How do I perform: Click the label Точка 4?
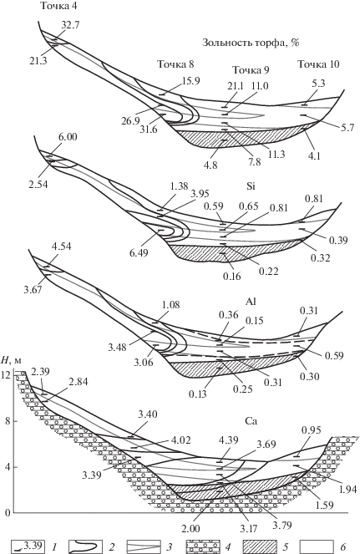click(58, 6)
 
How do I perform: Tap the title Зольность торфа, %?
click(251, 43)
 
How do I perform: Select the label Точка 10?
click(318, 64)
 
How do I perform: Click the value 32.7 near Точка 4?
click(70, 25)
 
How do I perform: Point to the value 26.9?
click(130, 121)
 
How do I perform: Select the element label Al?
click(250, 302)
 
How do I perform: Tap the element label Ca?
click(251, 421)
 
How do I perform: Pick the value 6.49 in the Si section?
click(139, 252)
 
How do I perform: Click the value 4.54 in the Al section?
click(62, 246)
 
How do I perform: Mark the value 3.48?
click(117, 348)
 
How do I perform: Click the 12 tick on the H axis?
click(8, 374)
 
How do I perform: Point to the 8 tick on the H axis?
click(8, 421)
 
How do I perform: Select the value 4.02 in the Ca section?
click(181, 440)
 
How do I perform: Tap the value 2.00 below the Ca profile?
click(190, 529)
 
